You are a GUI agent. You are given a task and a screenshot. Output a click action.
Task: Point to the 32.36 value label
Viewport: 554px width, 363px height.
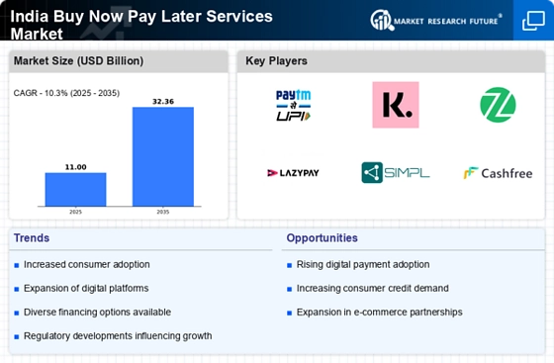click(x=163, y=101)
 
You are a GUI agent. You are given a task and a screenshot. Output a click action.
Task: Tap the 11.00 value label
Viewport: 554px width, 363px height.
click(x=75, y=166)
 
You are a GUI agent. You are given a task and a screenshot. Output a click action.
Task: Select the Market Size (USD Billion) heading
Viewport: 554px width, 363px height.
click(x=78, y=61)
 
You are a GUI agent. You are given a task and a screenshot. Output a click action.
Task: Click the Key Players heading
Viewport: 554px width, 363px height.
click(x=276, y=61)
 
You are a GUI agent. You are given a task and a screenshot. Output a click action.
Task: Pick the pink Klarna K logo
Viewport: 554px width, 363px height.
click(x=395, y=105)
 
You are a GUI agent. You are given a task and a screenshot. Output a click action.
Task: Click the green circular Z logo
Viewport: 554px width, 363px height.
click(x=498, y=105)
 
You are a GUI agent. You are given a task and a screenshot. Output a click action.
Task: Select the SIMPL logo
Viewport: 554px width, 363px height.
click(x=395, y=173)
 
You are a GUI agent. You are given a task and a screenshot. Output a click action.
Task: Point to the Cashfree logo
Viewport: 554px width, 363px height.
click(x=498, y=173)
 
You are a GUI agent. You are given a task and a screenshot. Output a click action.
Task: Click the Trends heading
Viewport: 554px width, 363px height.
click(x=32, y=238)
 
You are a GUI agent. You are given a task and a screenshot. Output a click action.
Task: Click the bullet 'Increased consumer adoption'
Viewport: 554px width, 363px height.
click(x=86, y=264)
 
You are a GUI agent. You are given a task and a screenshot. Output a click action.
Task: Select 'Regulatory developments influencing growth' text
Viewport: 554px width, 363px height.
click(x=117, y=336)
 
